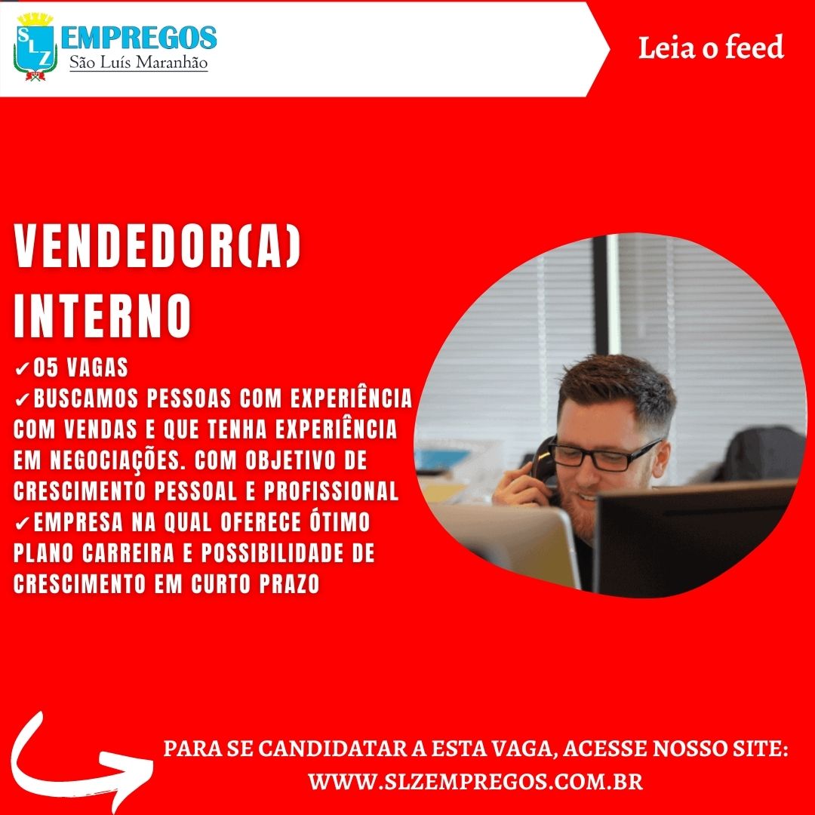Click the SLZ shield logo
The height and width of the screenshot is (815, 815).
(35, 47)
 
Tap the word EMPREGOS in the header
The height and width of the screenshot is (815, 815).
(139, 38)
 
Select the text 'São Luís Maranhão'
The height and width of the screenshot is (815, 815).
(138, 63)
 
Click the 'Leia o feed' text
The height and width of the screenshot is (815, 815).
(711, 48)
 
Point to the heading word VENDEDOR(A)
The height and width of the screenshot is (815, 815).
(158, 246)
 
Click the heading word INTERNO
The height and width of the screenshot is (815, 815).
(103, 316)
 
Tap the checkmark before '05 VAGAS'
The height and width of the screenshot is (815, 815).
(22, 368)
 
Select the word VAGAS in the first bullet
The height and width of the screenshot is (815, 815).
(97, 368)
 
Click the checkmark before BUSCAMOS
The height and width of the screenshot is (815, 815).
(22, 400)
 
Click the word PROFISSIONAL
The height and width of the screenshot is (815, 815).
(331, 491)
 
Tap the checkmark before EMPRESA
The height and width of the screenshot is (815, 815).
(22, 524)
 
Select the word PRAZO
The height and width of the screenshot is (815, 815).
(289, 583)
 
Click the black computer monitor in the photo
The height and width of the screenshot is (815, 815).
(694, 539)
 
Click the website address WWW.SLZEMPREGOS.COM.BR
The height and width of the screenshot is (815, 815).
(475, 782)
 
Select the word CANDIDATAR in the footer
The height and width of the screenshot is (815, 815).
(332, 749)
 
